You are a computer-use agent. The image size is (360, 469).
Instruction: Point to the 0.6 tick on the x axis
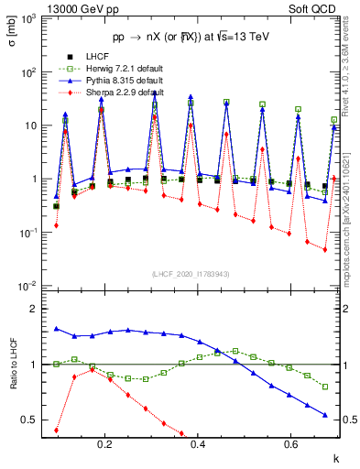coord(290,443)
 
